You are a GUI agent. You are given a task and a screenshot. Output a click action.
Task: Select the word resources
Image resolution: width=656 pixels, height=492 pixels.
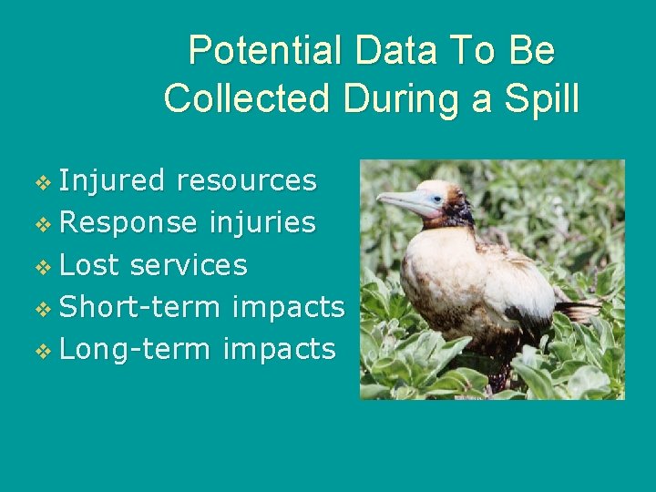[x=246, y=180]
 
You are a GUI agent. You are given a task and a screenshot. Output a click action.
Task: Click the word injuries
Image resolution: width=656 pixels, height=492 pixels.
[x=262, y=222]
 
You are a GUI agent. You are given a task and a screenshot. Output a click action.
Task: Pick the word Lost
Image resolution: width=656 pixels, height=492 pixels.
[x=89, y=265]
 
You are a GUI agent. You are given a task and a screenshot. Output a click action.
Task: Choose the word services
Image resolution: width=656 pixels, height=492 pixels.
[x=189, y=265]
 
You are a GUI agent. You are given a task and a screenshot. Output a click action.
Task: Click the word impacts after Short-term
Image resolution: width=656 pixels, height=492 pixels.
[x=288, y=307]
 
